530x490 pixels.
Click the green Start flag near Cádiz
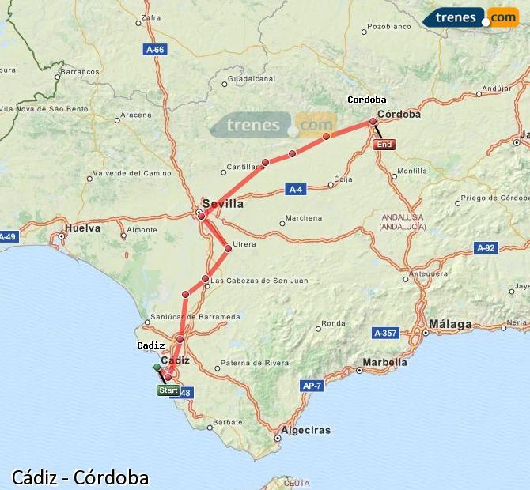point(168,390)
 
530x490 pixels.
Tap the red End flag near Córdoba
point(384,145)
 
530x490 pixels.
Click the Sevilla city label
point(223,203)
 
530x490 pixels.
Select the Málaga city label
point(450,324)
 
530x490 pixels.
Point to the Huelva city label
point(82,228)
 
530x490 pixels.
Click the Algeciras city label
point(305,430)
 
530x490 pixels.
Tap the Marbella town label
point(384,363)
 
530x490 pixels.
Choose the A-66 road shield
point(155,50)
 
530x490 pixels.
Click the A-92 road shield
point(486,248)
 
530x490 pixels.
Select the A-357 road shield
point(385,334)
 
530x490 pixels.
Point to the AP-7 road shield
point(312,386)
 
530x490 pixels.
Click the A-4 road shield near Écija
point(296,190)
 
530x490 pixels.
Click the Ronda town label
point(333,322)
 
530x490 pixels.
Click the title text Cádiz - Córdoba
point(81,477)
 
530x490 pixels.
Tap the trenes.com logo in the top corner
point(471,17)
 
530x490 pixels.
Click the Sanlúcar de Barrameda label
point(200,317)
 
